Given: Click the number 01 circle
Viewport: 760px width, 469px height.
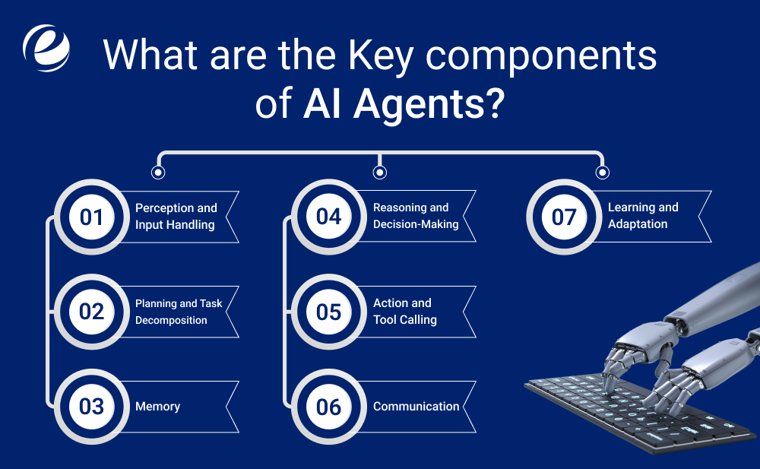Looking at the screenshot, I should click(92, 217).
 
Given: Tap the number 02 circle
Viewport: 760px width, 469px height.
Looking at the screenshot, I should click(92, 312).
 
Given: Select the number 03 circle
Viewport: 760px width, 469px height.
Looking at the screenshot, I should click(92, 406).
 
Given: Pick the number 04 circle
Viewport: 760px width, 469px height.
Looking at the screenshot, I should click(329, 217).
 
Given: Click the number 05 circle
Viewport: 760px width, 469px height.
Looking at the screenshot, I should click(329, 312).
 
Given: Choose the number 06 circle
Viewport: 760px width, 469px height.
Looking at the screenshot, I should click(329, 406).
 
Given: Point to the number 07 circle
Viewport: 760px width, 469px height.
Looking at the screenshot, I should click(564, 217).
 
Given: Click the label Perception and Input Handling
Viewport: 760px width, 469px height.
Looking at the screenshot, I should click(176, 216).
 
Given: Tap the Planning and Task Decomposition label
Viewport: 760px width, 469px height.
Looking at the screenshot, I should click(178, 312).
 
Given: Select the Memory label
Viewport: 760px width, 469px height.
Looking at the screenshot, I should click(157, 407).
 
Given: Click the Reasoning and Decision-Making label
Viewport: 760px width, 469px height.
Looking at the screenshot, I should click(416, 216).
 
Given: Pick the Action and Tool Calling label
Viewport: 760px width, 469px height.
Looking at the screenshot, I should click(404, 312).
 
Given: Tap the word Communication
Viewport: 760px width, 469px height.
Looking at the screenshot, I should click(416, 407).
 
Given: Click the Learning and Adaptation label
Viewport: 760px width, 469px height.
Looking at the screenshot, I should click(643, 216).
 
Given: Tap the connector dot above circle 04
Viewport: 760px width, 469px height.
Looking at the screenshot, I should click(380, 173).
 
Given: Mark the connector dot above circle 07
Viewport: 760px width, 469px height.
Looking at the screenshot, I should click(603, 173).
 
